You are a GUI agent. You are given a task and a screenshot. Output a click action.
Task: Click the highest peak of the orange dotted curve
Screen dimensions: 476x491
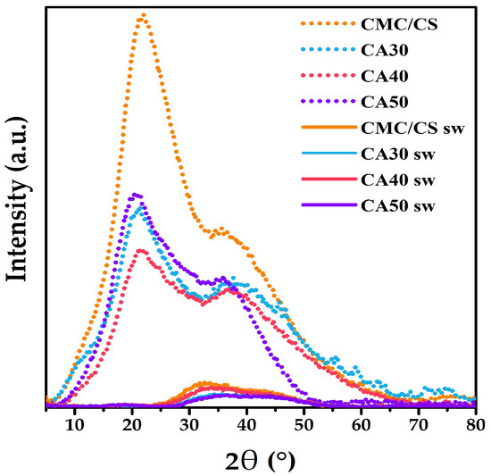(x=142, y=15)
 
